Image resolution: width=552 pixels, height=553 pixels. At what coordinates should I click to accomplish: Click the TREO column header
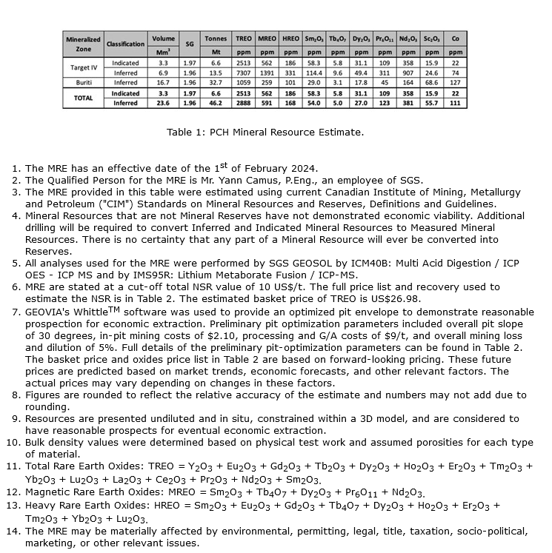244,38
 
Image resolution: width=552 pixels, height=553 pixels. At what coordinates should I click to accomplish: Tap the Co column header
455,38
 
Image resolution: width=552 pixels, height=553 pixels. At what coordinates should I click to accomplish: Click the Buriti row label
84,83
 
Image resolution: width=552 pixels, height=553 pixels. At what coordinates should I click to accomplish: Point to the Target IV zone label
84,68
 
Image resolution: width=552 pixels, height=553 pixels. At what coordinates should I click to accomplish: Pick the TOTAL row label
84,98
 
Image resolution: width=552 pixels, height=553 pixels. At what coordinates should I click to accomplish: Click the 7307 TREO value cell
244,73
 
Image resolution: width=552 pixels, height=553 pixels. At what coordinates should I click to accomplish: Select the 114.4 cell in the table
313,73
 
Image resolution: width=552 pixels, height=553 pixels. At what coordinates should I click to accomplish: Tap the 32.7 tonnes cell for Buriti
216,83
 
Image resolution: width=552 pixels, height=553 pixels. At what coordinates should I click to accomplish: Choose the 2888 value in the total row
244,104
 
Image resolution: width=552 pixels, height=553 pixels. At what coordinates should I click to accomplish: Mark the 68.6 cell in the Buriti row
431,83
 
